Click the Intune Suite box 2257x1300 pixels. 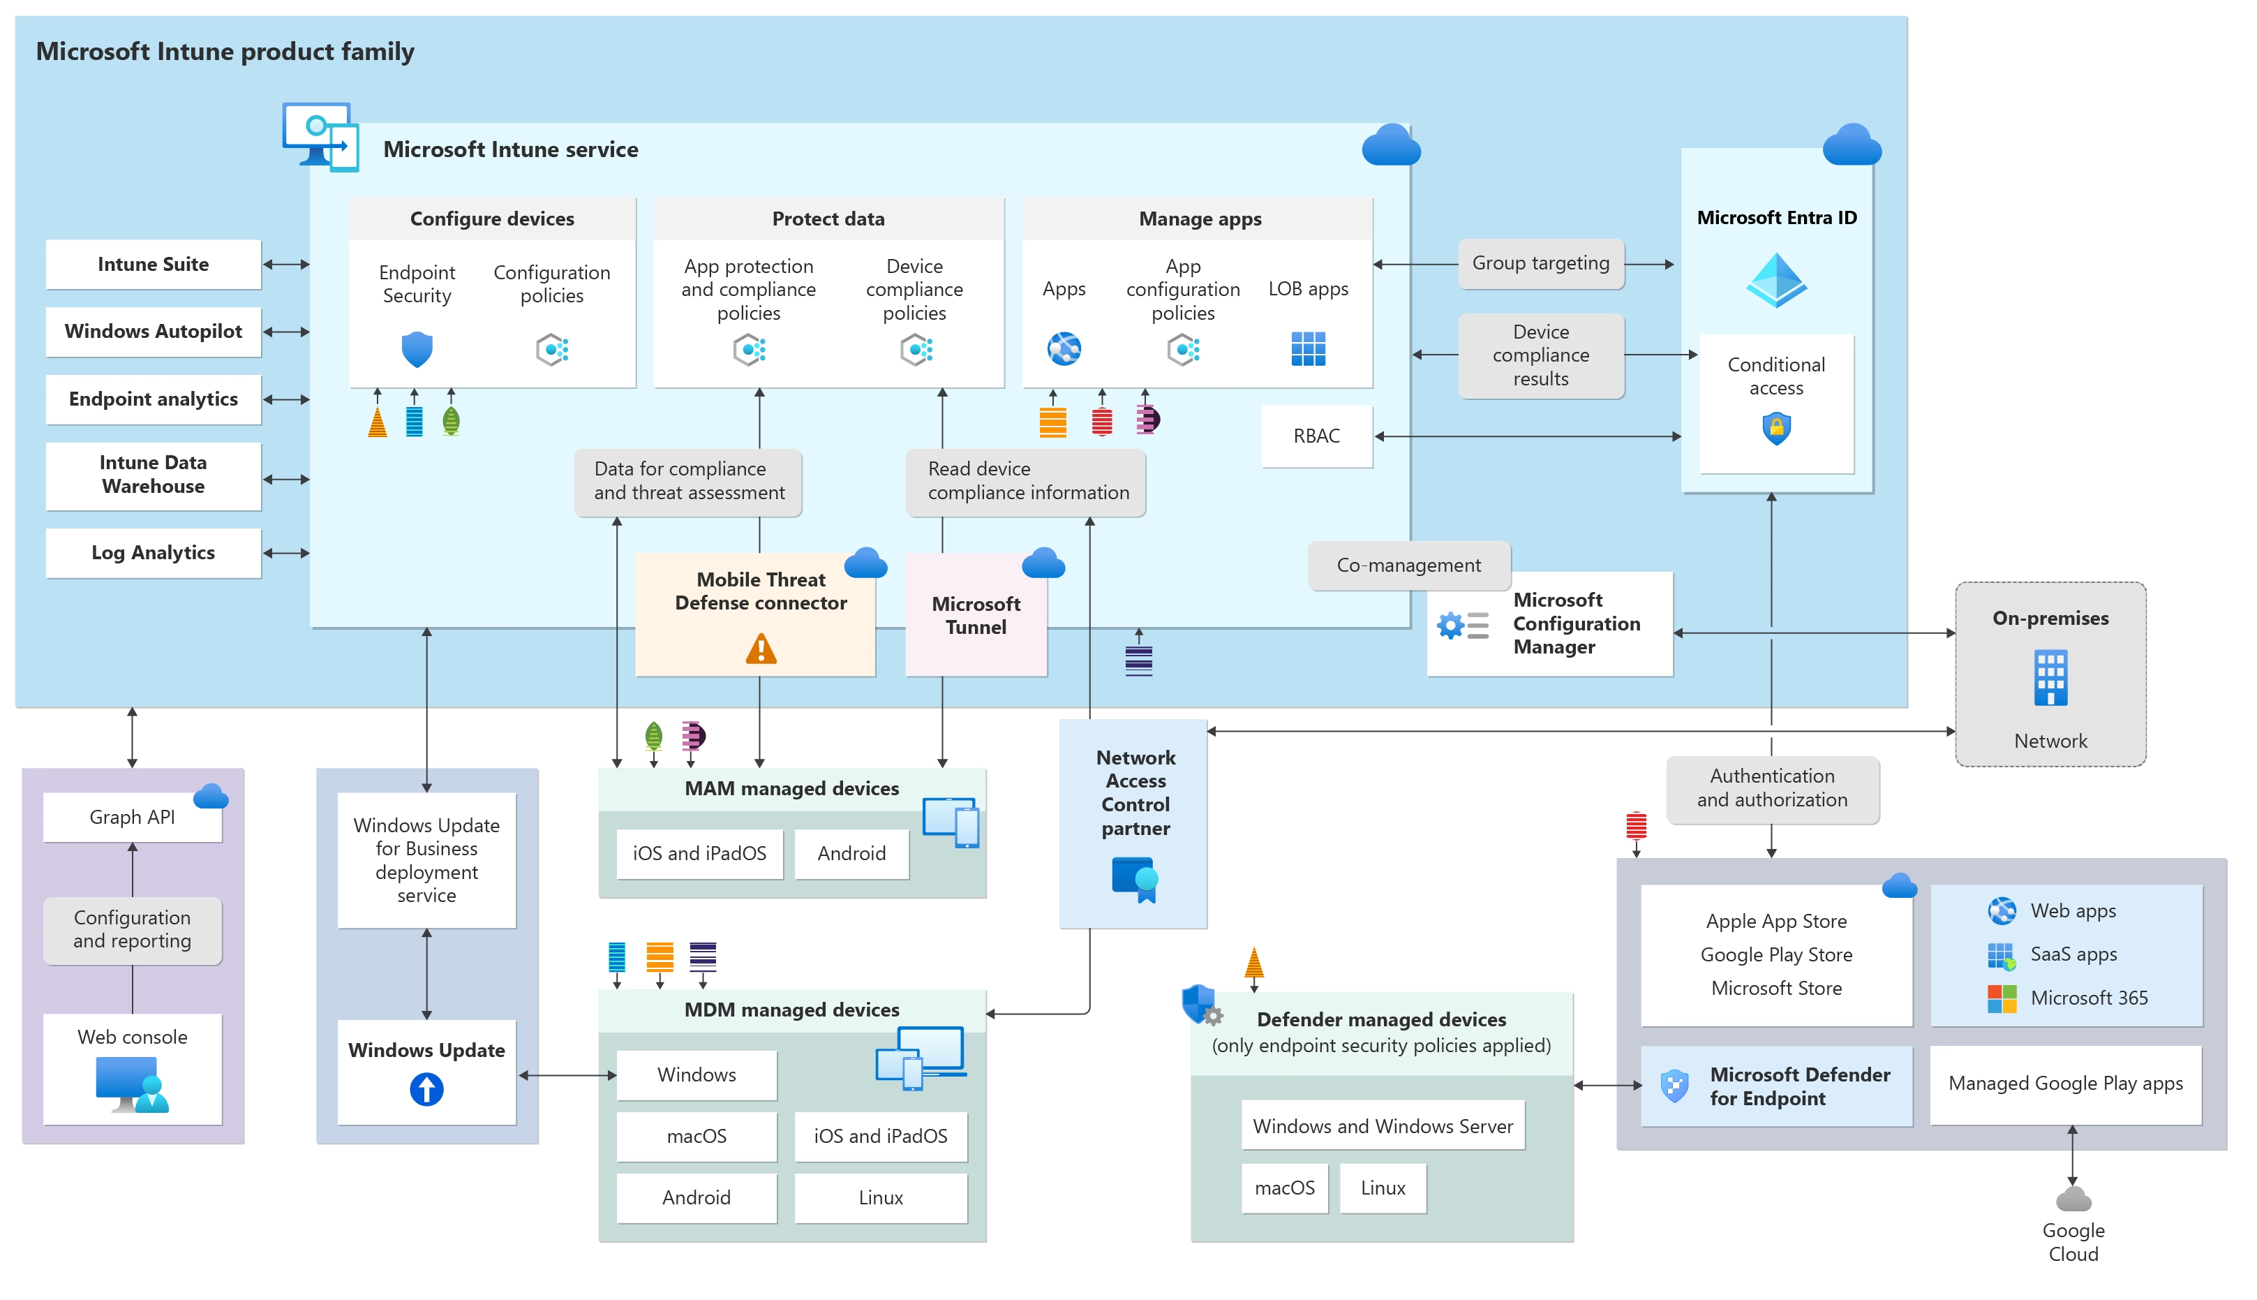click(x=153, y=265)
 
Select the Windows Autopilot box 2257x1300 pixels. click(x=153, y=331)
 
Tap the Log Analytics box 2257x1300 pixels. click(x=153, y=553)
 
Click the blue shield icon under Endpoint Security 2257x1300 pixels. click(x=417, y=349)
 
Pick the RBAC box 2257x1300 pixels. click(x=1316, y=436)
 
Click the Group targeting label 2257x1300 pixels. click(x=1540, y=263)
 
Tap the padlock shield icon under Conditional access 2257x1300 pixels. click(x=1776, y=429)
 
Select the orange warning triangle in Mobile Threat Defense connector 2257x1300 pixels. click(x=761, y=649)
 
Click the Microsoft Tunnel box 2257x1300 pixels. click(x=976, y=615)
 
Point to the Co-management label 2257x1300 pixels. click(x=1408, y=566)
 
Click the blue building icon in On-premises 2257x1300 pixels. click(x=2050, y=679)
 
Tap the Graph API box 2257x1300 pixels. click(x=132, y=817)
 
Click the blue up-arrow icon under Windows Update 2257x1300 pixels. click(x=426, y=1089)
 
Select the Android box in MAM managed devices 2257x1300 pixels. click(x=851, y=854)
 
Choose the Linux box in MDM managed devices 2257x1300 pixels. click(x=880, y=1197)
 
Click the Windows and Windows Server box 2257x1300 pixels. click(x=1383, y=1126)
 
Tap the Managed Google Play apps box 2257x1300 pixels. click(x=2065, y=1084)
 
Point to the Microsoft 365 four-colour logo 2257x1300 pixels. click(x=2002, y=998)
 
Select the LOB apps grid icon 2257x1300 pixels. click(x=1307, y=349)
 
